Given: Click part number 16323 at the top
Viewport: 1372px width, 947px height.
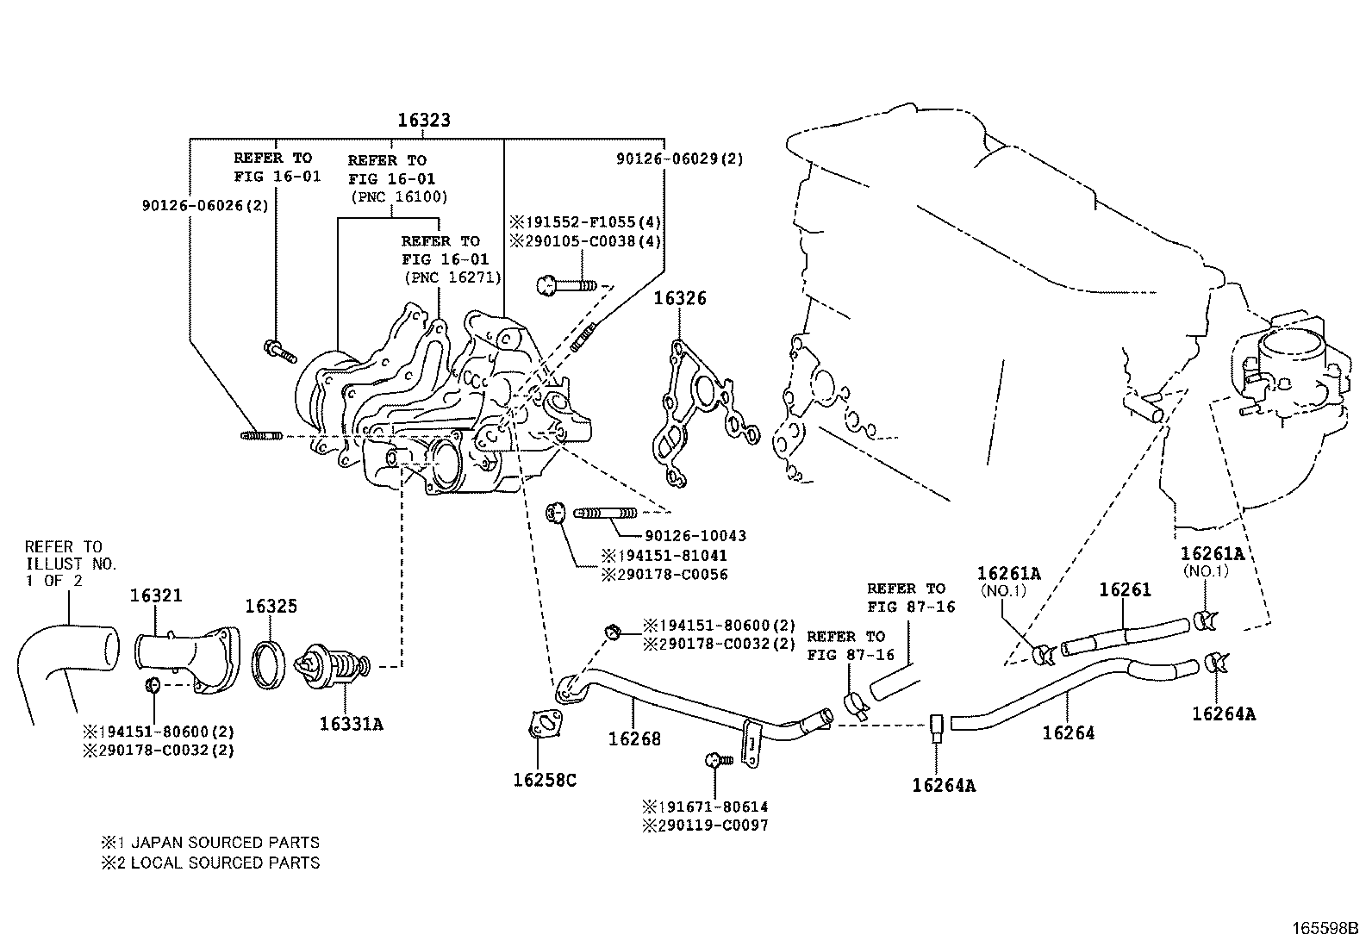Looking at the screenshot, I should click(423, 121).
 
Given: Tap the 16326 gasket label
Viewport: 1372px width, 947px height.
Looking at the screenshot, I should click(679, 299).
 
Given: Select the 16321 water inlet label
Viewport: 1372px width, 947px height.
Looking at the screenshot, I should click(156, 595).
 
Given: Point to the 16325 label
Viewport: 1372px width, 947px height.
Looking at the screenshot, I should click(271, 606).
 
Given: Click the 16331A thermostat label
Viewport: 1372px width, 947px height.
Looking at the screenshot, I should click(351, 724).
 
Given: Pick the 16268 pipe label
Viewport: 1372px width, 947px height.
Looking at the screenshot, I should click(634, 738).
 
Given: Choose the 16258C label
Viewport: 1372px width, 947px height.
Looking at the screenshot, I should click(545, 781).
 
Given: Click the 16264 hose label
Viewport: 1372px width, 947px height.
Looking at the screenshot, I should click(1068, 733).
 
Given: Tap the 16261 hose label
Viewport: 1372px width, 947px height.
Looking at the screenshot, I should click(1125, 590).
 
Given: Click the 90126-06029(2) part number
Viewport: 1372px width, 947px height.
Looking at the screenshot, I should click(679, 159).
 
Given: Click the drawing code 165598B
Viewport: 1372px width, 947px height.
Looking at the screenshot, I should click(1324, 929).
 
